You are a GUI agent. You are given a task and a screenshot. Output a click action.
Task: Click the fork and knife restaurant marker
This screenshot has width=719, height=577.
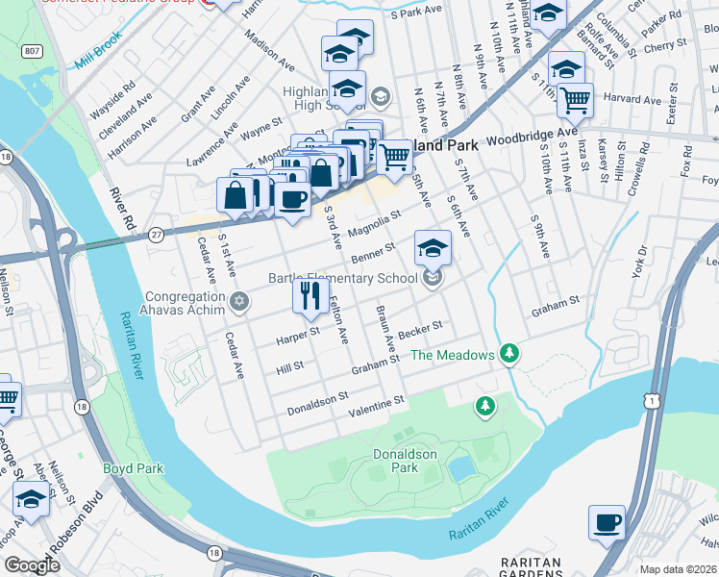click(x=310, y=295)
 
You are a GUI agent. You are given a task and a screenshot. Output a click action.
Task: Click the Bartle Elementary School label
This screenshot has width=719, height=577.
click(x=345, y=278)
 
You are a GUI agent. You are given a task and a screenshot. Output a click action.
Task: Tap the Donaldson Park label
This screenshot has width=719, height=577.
click(x=406, y=461)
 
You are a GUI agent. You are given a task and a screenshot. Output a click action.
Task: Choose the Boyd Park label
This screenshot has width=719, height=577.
click(x=133, y=469)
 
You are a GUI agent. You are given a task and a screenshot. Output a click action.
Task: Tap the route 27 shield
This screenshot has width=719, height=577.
click(x=156, y=234)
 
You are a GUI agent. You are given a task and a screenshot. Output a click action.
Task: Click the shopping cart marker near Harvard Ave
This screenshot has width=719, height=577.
click(x=575, y=99)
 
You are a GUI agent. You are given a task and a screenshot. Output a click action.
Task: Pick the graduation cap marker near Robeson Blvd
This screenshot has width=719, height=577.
click(x=31, y=500)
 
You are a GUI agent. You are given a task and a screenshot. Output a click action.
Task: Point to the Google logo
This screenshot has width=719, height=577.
click(x=32, y=565)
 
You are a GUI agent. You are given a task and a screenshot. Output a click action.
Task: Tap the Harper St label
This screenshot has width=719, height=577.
click(x=297, y=334)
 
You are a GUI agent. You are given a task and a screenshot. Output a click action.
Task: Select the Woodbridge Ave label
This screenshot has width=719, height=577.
click(x=532, y=136)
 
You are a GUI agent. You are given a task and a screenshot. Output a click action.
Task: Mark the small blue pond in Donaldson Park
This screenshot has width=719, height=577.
click(x=460, y=468)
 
